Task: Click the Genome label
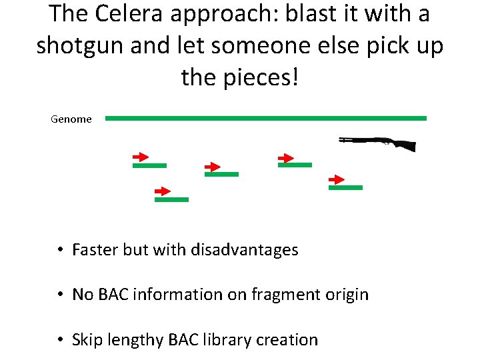(71, 119)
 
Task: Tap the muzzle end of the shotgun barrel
(341, 139)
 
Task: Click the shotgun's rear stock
(406, 145)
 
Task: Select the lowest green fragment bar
(171, 199)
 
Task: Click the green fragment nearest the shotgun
(345, 187)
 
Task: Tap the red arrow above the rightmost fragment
(337, 179)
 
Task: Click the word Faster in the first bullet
(95, 250)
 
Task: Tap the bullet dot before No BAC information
(59, 295)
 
